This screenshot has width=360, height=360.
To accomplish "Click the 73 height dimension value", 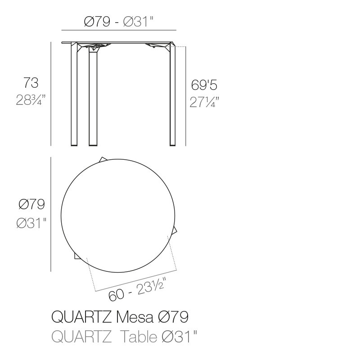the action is [31, 83].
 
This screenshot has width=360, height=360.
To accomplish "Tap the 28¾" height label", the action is [31, 100].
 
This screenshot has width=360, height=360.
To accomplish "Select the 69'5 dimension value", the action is [204, 85].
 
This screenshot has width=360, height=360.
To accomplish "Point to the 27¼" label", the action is [204, 102].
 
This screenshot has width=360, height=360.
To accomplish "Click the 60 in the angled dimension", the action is [116, 295].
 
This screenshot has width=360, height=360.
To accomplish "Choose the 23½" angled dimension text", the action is [151, 286].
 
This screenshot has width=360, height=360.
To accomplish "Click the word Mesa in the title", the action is [135, 317].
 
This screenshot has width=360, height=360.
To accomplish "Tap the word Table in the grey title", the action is [139, 337].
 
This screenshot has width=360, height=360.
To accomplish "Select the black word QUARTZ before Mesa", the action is [81, 317].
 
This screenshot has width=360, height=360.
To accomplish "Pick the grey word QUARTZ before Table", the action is [81, 337].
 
